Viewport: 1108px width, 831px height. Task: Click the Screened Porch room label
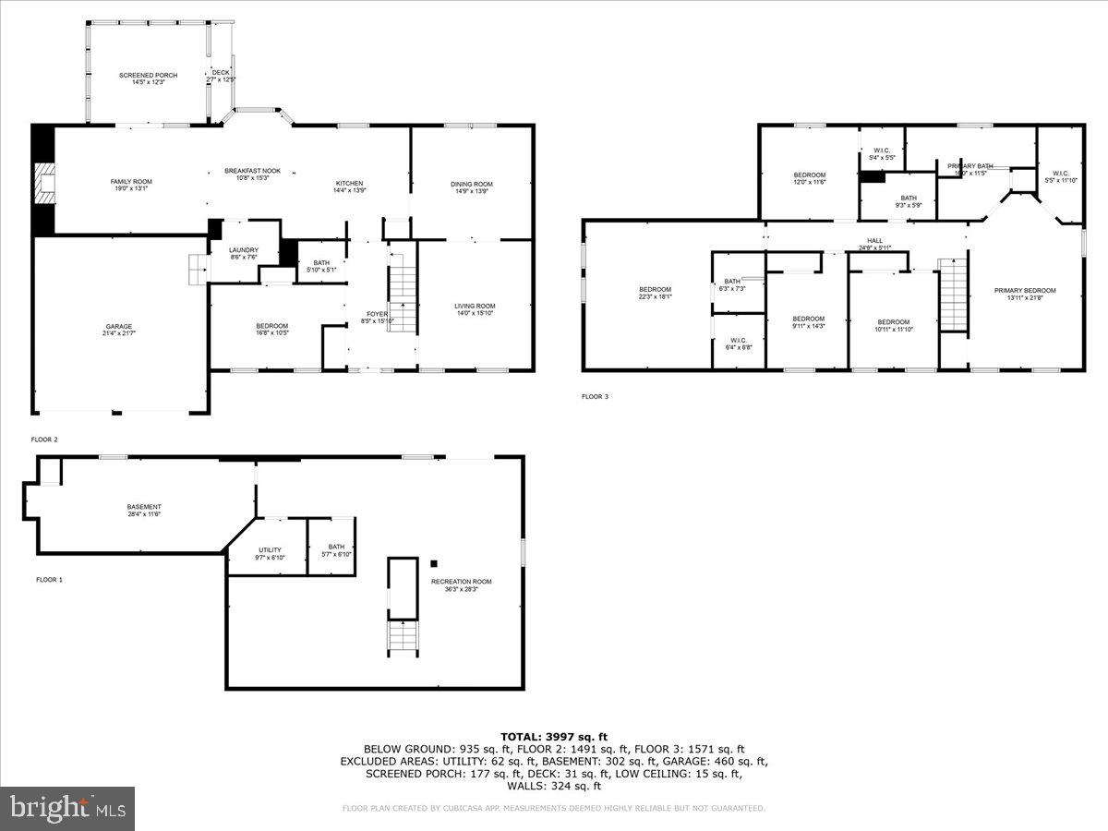148,78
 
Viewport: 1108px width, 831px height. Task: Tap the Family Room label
131,185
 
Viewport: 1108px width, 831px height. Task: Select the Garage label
119,330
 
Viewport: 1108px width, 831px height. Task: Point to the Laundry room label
244,253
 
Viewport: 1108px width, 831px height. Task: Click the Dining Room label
471,187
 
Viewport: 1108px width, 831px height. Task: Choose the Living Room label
475,309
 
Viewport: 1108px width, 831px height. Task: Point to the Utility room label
270,553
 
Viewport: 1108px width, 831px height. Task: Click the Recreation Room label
461,584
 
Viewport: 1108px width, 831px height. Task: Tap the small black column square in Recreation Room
434,562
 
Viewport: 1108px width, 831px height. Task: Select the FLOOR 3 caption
595,396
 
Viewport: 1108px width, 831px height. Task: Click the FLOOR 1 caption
49,579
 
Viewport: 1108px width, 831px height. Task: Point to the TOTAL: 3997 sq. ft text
554,736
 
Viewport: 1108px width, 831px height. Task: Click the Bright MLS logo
68,809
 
